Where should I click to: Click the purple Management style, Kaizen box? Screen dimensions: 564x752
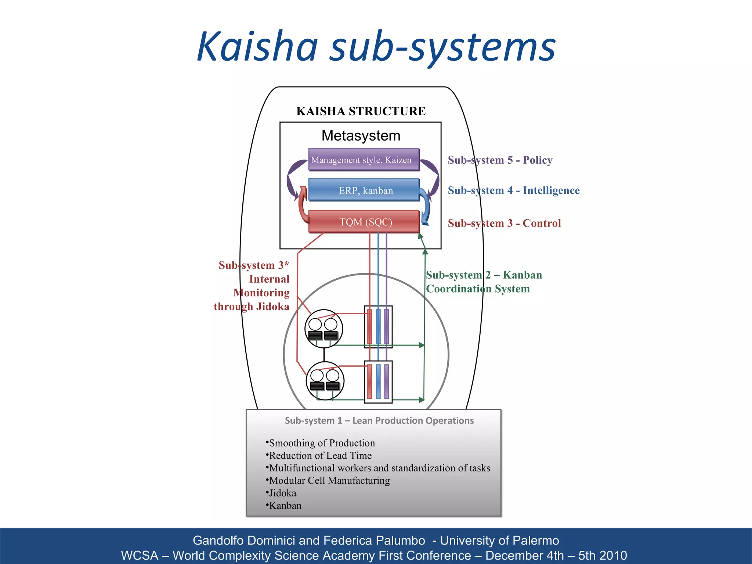tap(364, 160)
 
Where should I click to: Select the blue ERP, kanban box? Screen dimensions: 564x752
tap(364, 190)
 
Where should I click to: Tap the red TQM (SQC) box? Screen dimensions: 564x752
tap(364, 222)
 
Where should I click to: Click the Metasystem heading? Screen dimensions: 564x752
tap(361, 136)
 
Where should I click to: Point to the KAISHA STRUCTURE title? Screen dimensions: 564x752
tap(361, 111)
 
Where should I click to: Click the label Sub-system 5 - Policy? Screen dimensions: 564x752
tap(500, 160)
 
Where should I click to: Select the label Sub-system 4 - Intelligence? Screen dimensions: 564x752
tap(513, 190)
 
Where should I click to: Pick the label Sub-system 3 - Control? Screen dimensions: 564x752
tap(504, 223)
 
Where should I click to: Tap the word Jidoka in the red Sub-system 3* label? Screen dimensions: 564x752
tap(272, 307)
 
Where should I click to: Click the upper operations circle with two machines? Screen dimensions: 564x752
tap(323, 329)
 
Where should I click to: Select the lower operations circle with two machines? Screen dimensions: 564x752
tap(325, 381)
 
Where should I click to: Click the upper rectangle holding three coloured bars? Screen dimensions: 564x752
tap(378, 327)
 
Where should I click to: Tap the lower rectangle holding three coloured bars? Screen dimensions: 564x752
tap(378, 382)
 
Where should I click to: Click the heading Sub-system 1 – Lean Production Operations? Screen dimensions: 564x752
tap(379, 421)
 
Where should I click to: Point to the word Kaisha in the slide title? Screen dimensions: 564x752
tap(257, 47)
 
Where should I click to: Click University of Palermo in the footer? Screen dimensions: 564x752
tap(499, 540)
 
